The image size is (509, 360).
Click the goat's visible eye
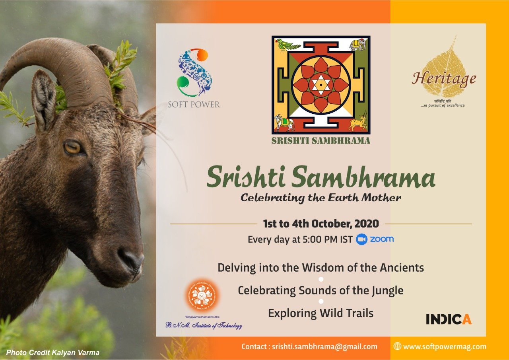[73, 148]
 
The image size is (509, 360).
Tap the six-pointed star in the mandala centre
[321, 85]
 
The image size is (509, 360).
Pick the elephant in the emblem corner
[357, 44]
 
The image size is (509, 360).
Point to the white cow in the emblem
[284, 123]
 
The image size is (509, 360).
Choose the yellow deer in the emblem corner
[357, 122]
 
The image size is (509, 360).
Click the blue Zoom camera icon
[361, 239]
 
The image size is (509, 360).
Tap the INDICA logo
[449, 319]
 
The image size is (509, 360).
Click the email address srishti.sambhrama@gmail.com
[324, 347]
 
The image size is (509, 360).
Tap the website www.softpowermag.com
[445, 347]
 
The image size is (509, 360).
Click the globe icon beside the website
[397, 346]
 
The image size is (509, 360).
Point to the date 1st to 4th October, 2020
[321, 224]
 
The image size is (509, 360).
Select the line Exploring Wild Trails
[321, 313]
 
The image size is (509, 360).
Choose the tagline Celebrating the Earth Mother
[321, 197]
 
